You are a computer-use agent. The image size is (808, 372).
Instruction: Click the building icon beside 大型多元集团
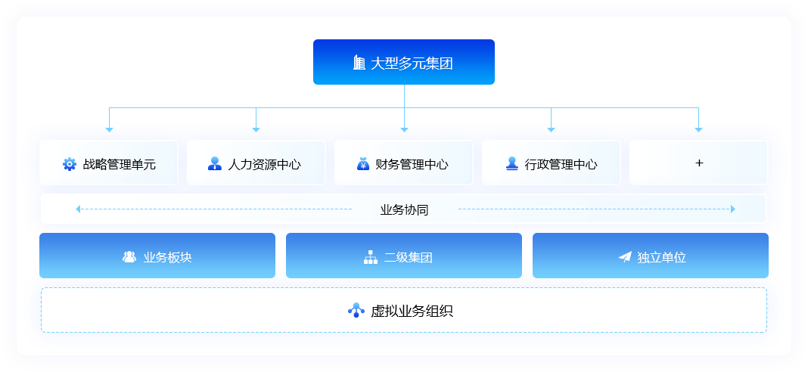pyautogui.click(x=359, y=62)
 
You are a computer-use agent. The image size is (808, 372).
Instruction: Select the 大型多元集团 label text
pyautogui.click(x=412, y=64)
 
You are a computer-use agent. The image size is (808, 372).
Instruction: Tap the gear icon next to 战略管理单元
pyautogui.click(x=70, y=164)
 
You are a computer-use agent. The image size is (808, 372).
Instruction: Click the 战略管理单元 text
pyautogui.click(x=119, y=164)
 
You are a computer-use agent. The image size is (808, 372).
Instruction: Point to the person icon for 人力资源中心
pyautogui.click(x=214, y=163)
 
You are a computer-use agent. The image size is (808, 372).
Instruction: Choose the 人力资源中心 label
pyautogui.click(x=264, y=164)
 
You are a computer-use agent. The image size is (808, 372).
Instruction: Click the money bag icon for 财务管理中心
pyautogui.click(x=363, y=163)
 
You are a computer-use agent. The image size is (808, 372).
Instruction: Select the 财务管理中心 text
pyautogui.click(x=412, y=164)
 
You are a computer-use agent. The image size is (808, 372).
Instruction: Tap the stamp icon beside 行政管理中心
pyautogui.click(x=511, y=163)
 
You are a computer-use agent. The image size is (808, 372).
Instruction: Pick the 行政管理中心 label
pyautogui.click(x=561, y=164)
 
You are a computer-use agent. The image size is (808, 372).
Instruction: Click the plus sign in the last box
pyautogui.click(x=699, y=163)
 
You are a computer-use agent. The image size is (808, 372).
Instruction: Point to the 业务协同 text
pyautogui.click(x=404, y=209)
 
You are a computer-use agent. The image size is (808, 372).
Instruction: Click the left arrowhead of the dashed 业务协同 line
pyautogui.click(x=78, y=209)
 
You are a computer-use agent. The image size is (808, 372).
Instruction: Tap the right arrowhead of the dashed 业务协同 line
pyautogui.click(x=733, y=209)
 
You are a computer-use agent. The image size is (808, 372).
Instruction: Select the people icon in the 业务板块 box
pyautogui.click(x=129, y=256)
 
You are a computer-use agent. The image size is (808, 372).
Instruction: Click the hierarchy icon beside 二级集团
pyautogui.click(x=371, y=256)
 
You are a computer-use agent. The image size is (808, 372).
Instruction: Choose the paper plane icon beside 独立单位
pyautogui.click(x=625, y=256)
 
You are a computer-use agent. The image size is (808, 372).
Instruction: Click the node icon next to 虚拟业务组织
pyautogui.click(x=356, y=310)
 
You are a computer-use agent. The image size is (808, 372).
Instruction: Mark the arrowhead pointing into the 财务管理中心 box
pyautogui.click(x=404, y=130)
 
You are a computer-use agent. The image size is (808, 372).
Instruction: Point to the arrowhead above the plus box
pyautogui.click(x=699, y=130)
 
